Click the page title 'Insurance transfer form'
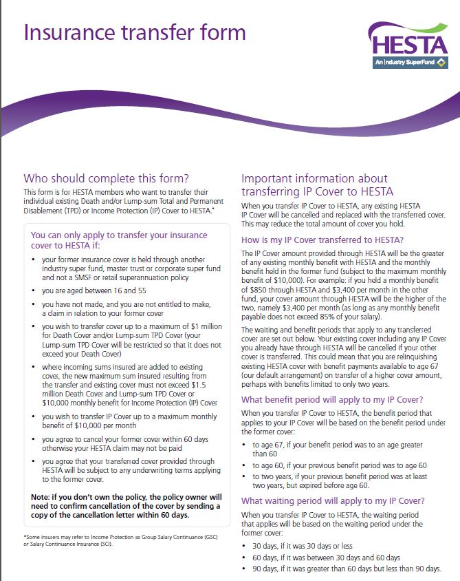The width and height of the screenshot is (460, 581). pos(134,32)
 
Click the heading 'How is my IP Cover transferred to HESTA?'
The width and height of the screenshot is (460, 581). pos(322,240)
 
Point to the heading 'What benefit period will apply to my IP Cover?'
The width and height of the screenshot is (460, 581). pos(332,400)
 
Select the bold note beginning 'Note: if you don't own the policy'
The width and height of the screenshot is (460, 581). pos(125,506)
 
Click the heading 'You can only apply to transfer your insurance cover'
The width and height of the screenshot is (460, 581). pos(118,240)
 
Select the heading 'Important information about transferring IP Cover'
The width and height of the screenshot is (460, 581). pos(318,184)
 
